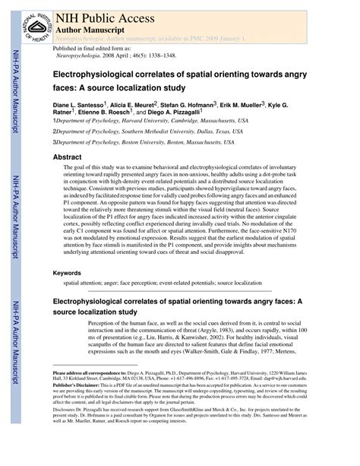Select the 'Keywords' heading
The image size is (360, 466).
68,273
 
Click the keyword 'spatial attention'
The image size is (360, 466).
84,284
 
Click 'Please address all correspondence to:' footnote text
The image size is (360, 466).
88,374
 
